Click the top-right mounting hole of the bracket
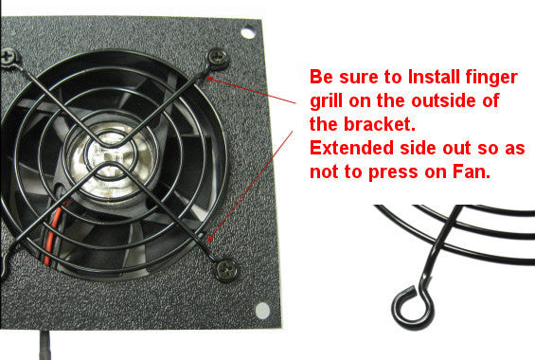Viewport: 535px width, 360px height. tap(249, 33)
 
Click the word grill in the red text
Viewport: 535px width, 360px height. tap(327, 100)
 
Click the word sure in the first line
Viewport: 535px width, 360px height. tap(354, 76)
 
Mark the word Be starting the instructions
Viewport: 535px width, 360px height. tap(322, 76)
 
